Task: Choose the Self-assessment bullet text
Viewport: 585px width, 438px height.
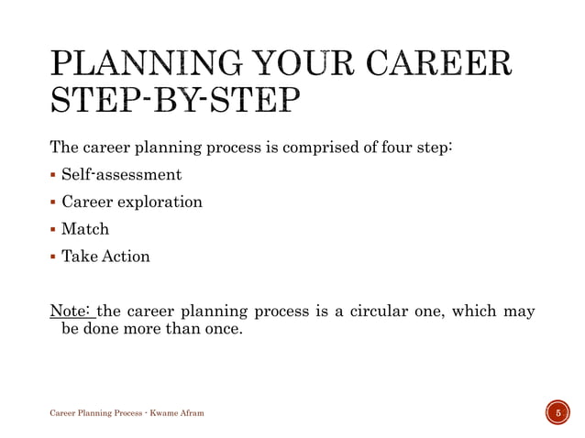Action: pyautogui.click(x=121, y=174)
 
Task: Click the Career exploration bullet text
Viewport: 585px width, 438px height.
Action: pyautogui.click(x=131, y=202)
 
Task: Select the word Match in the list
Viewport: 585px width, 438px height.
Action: pyautogui.click(x=84, y=229)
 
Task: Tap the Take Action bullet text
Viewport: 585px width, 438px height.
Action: pyautogui.click(x=105, y=257)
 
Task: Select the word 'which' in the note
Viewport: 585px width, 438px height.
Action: pyautogui.click(x=471, y=311)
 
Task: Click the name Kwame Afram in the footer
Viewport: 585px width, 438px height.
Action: pyautogui.click(x=177, y=414)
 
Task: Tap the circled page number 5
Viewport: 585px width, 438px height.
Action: pyautogui.click(x=555, y=413)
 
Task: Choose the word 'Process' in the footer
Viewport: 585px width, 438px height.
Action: pyautogui.click(x=123, y=414)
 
